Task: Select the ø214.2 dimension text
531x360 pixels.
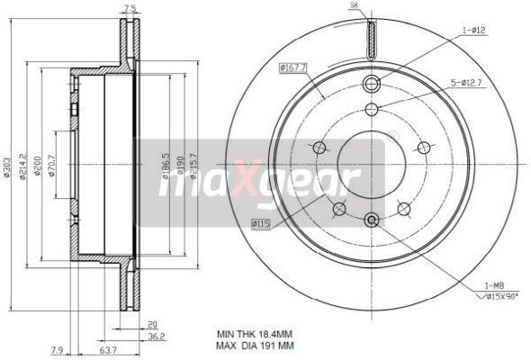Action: pos(24,166)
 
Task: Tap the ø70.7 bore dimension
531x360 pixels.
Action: pos(52,166)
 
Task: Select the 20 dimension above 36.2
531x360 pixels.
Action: pos(153,325)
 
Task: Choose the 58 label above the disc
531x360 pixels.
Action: pos(354,6)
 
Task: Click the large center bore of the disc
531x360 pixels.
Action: pos(369,162)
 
